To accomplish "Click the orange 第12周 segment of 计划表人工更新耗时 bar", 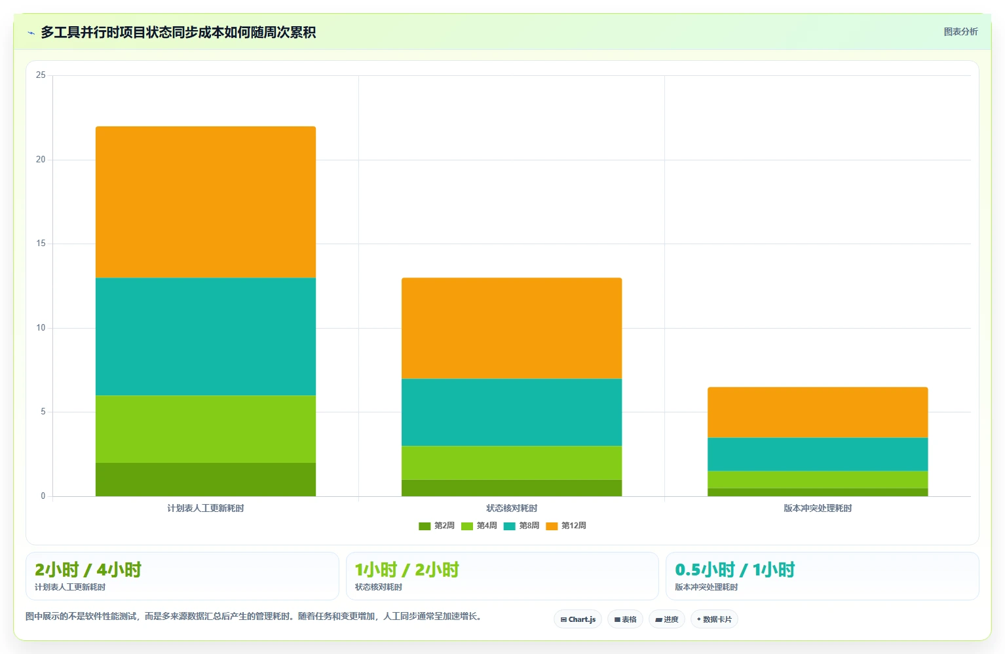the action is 206,202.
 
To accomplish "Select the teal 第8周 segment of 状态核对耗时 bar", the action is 512,412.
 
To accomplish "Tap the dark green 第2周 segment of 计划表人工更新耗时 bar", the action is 206,479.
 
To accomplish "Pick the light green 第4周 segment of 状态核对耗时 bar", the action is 512,463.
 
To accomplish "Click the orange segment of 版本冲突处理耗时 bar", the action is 818,412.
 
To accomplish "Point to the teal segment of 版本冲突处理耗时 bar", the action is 818,454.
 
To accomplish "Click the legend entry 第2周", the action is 436,526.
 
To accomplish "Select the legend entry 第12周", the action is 566,526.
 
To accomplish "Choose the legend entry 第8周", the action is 521,526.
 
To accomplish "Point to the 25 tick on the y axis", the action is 41,75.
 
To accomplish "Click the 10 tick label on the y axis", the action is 41,328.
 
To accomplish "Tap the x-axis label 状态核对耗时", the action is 512,508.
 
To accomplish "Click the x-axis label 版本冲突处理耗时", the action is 818,508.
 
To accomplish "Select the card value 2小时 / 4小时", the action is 88,570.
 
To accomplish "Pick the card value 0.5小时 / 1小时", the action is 735,570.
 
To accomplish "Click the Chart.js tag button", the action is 578,619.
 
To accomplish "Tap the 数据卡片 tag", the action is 714,619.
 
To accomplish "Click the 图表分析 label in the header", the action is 960,32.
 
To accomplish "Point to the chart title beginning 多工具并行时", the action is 178,32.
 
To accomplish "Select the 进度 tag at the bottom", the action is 667,619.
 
